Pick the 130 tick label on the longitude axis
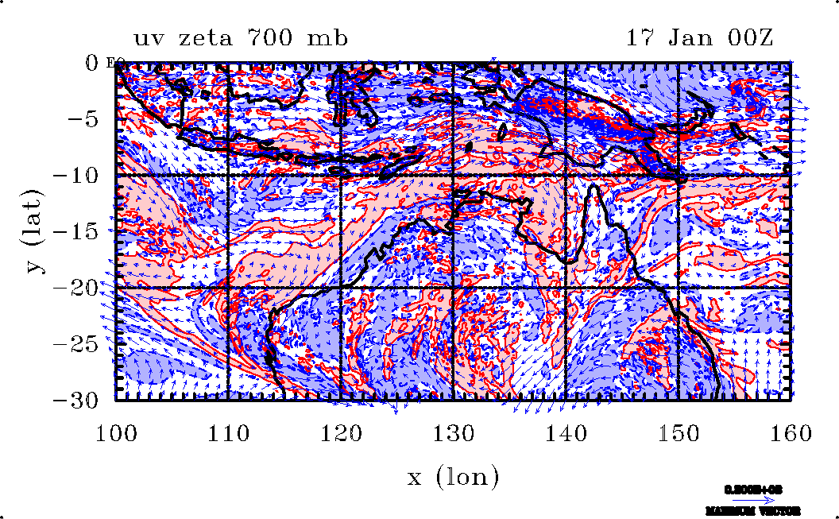tap(452, 432)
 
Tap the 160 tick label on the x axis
tap(789, 432)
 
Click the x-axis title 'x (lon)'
tap(453, 477)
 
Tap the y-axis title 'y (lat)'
tap(36, 230)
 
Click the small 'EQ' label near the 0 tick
tap(112, 63)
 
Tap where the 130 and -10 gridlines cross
tap(452, 175)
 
